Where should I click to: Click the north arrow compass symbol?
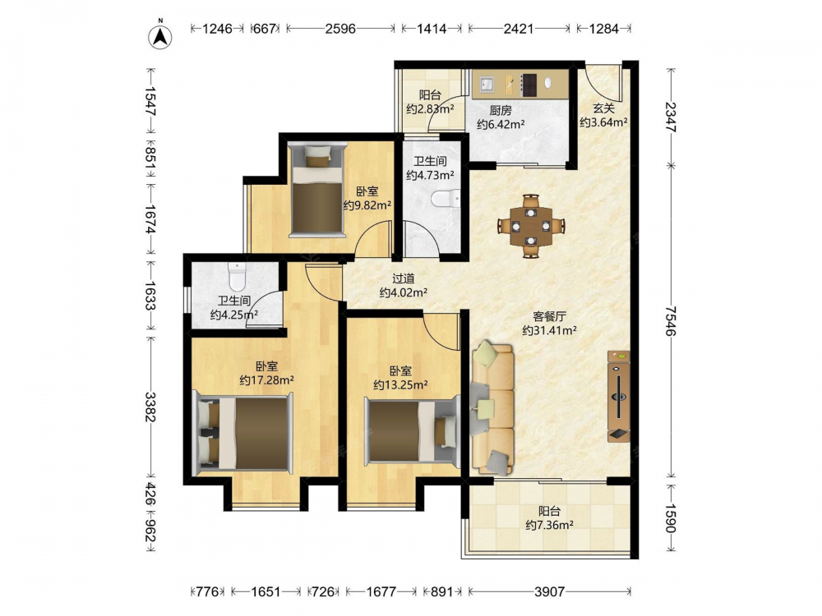160,35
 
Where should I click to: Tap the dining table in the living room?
531,227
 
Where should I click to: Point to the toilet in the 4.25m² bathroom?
238,277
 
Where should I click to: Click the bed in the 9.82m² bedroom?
317,190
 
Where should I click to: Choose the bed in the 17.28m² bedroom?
244,434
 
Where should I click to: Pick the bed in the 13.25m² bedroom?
412,430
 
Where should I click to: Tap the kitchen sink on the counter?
486,83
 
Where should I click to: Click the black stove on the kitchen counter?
529,85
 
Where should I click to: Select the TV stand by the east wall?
619,396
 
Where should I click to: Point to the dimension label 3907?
549,592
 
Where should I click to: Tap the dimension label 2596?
340,28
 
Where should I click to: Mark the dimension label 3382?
150,407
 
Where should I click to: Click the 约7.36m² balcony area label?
549,525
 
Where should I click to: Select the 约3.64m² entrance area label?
604,122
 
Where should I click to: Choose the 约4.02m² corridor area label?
403,292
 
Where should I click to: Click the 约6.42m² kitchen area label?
501,124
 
